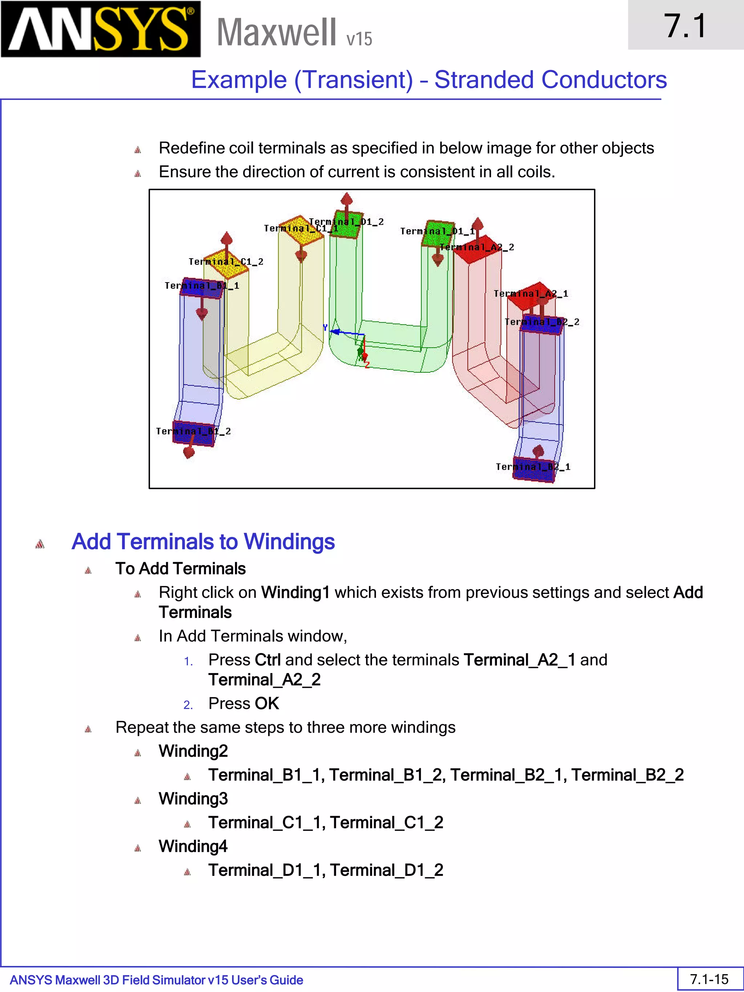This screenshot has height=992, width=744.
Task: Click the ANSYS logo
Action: [101, 29]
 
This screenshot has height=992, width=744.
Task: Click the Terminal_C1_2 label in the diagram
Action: [226, 262]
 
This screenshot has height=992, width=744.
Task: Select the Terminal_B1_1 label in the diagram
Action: [202, 286]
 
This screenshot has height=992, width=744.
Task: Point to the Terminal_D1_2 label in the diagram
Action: [346, 222]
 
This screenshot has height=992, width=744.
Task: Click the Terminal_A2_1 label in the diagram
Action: [530, 294]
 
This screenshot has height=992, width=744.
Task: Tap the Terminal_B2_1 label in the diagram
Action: [533, 467]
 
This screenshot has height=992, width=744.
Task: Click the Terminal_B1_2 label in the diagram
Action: [193, 432]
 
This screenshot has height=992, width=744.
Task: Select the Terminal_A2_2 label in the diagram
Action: [477, 247]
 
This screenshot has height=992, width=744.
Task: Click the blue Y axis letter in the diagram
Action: [325, 328]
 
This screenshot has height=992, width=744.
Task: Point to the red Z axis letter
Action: [367, 365]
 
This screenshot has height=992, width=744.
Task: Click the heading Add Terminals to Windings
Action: [203, 541]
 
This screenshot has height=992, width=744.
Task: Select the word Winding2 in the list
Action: [193, 751]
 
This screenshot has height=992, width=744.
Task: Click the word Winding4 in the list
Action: [193, 846]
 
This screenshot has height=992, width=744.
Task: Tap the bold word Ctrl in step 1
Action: [267, 660]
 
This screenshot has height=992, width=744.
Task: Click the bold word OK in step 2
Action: [267, 703]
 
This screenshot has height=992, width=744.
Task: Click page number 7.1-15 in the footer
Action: [709, 979]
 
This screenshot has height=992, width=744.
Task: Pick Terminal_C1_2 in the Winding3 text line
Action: [387, 822]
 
